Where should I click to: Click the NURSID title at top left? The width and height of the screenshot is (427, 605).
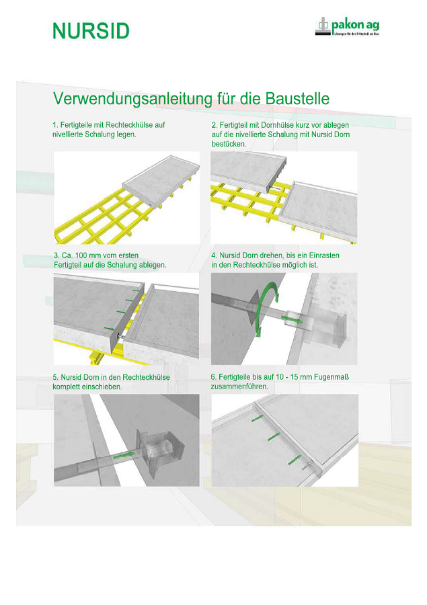[91, 30]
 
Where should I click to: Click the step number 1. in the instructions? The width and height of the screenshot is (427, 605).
[56, 125]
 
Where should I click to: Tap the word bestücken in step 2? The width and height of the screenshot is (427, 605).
[229, 144]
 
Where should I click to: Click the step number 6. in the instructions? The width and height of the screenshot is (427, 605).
[215, 378]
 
